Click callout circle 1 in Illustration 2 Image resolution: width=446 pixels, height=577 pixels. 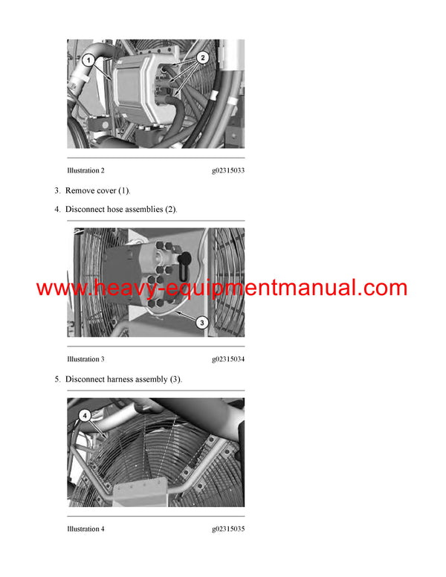point(88,59)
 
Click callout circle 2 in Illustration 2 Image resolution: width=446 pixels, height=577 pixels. point(204,57)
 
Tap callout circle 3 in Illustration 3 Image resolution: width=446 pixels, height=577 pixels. point(201,322)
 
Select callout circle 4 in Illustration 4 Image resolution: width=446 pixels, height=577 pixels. point(85,416)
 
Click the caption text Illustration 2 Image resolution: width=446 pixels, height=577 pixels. point(85,170)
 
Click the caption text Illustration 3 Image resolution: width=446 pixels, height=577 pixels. point(85,359)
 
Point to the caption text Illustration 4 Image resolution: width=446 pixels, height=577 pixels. point(85,529)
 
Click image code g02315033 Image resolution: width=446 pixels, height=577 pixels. point(227,170)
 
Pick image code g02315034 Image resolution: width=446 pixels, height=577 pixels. point(227,359)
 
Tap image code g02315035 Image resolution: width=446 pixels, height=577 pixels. point(227,529)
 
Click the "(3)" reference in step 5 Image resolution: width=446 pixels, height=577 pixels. point(175,379)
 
